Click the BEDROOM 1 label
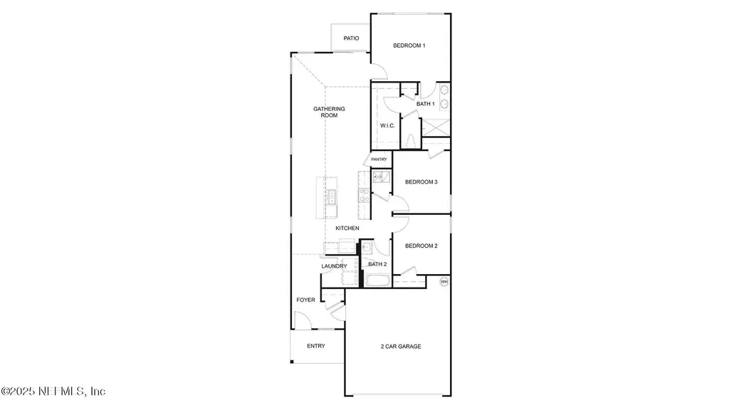point(409,46)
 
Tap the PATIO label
point(351,38)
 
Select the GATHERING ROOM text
point(330,112)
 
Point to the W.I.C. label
point(387,125)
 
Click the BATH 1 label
point(426,104)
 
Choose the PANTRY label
point(379,159)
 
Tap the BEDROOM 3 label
point(421,182)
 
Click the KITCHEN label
point(347,228)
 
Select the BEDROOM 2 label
point(421,246)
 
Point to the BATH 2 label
point(377,264)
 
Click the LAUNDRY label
point(334,266)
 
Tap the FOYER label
point(306,300)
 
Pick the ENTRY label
point(316,346)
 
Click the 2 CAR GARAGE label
point(400,347)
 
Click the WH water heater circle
point(444,282)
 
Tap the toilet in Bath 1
point(409,140)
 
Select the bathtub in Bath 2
point(377,280)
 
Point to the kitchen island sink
point(331,197)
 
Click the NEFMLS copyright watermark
point(53,391)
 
